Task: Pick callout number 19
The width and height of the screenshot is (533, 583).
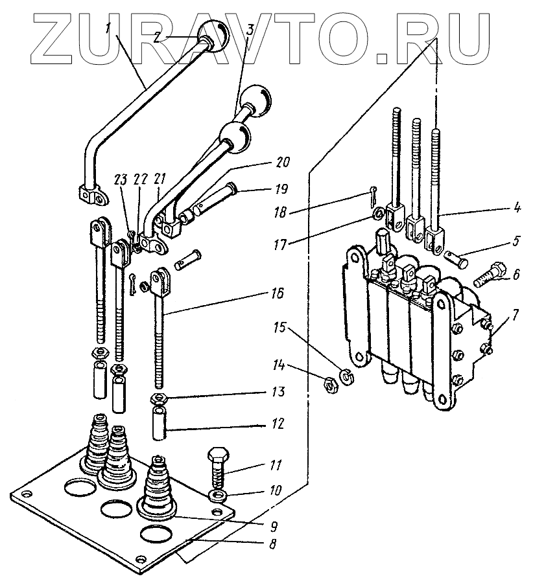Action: (x=282, y=189)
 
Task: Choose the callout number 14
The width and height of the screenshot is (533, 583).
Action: (x=278, y=366)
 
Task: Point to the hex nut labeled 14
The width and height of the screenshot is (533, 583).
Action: (x=329, y=383)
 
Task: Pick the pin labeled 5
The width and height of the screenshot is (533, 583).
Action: (x=456, y=258)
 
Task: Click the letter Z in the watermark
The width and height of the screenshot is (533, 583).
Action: (x=53, y=39)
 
